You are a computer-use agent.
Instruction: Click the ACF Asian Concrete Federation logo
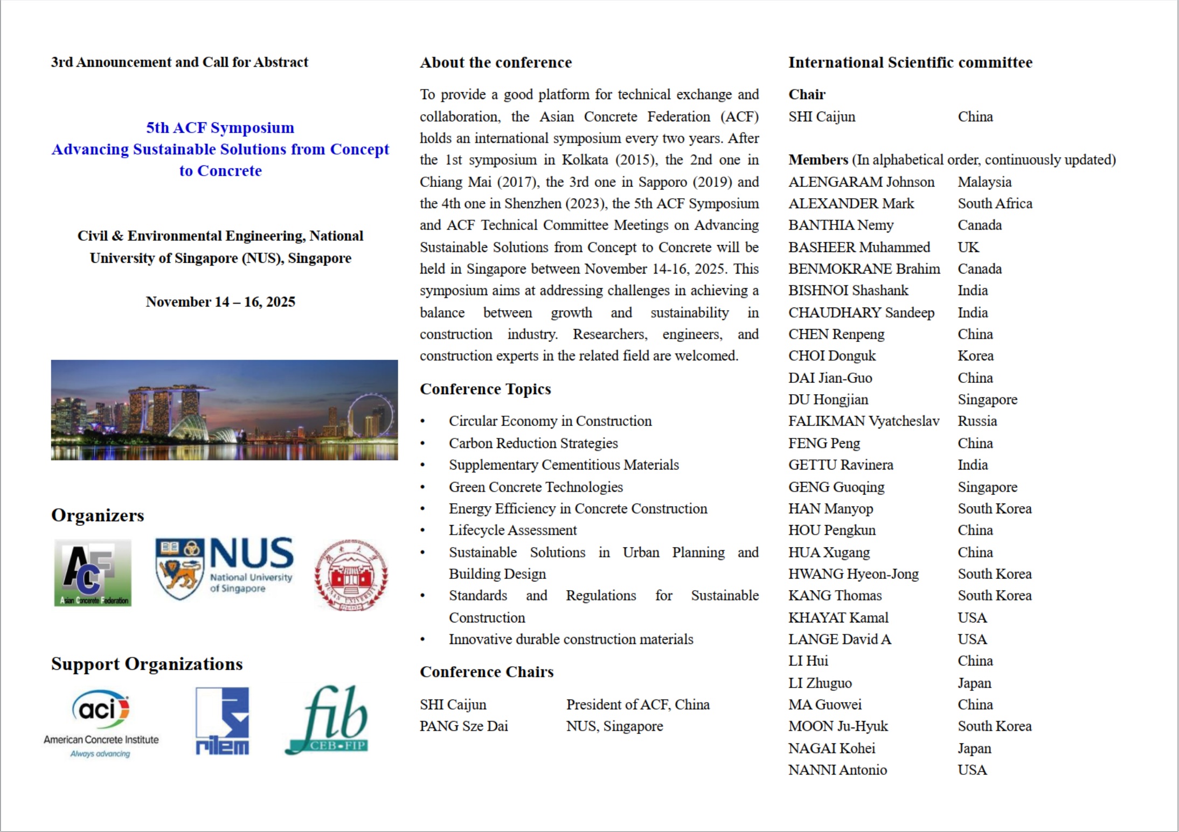tap(93, 573)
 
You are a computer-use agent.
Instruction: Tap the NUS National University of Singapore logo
tap(224, 568)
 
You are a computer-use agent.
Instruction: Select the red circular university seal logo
tap(351, 575)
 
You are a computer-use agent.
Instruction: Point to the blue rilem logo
tap(222, 721)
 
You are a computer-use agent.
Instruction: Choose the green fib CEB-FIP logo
tap(328, 720)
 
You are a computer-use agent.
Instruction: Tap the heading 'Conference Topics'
tap(485, 389)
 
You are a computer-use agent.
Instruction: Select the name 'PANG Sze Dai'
tap(463, 726)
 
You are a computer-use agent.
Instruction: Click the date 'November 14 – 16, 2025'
tap(220, 302)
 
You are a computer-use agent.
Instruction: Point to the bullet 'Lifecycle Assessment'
tap(512, 530)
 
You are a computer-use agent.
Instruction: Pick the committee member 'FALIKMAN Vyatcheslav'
tap(863, 421)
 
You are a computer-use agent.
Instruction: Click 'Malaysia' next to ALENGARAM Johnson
tap(984, 182)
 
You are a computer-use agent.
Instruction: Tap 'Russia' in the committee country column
tap(977, 421)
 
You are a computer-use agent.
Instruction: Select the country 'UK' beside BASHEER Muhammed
tap(968, 247)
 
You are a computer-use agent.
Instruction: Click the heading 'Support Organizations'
tap(147, 664)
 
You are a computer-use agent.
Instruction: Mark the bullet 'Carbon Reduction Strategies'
tap(533, 443)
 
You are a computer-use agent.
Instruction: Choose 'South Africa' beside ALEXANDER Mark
tap(995, 204)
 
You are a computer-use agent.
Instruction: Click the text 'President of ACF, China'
tap(637, 704)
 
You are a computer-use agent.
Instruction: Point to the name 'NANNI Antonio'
tap(837, 770)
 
